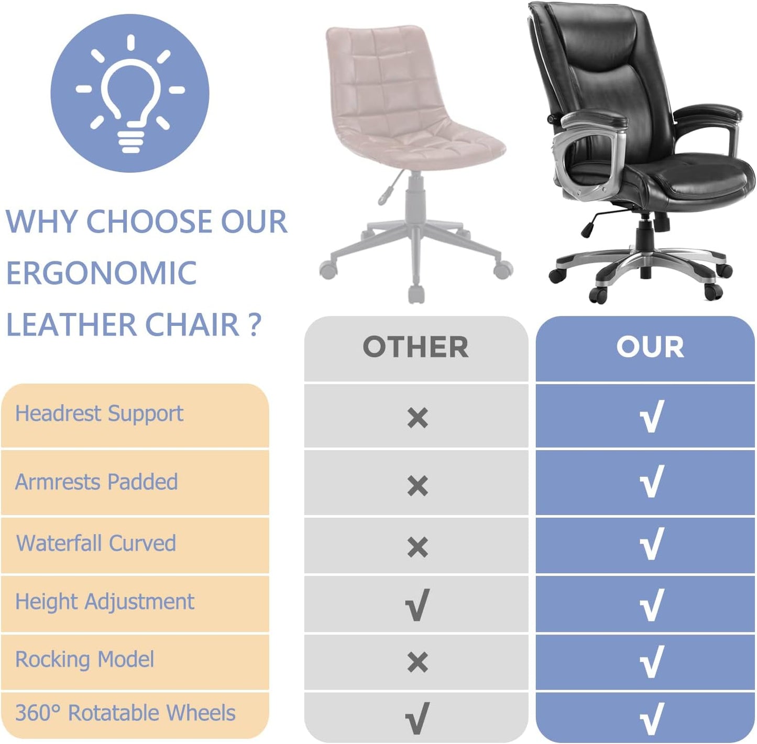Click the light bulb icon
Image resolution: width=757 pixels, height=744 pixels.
click(x=130, y=94)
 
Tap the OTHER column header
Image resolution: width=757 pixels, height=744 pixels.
click(x=415, y=347)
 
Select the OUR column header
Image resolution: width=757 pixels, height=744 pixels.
click(x=650, y=347)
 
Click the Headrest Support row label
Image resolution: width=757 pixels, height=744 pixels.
click(x=99, y=414)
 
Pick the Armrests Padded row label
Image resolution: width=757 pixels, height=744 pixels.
click(x=96, y=482)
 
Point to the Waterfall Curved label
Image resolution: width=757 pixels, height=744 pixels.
click(x=96, y=543)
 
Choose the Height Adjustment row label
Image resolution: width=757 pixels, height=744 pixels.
click(x=104, y=601)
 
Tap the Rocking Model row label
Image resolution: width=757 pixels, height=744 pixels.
click(x=84, y=659)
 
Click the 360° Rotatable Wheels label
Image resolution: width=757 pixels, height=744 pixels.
click(x=125, y=713)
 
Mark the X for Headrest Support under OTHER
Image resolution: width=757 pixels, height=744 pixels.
click(x=417, y=418)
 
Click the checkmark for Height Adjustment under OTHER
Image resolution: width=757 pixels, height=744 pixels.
click(x=417, y=605)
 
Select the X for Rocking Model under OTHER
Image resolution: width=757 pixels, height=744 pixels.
click(x=417, y=662)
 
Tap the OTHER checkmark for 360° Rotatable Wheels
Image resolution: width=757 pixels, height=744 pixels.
click(x=417, y=718)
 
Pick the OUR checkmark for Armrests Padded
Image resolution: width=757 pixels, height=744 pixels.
click(x=652, y=481)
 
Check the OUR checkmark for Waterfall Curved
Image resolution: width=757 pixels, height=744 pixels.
click(x=652, y=543)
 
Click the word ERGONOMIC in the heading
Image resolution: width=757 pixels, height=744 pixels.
click(x=102, y=273)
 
